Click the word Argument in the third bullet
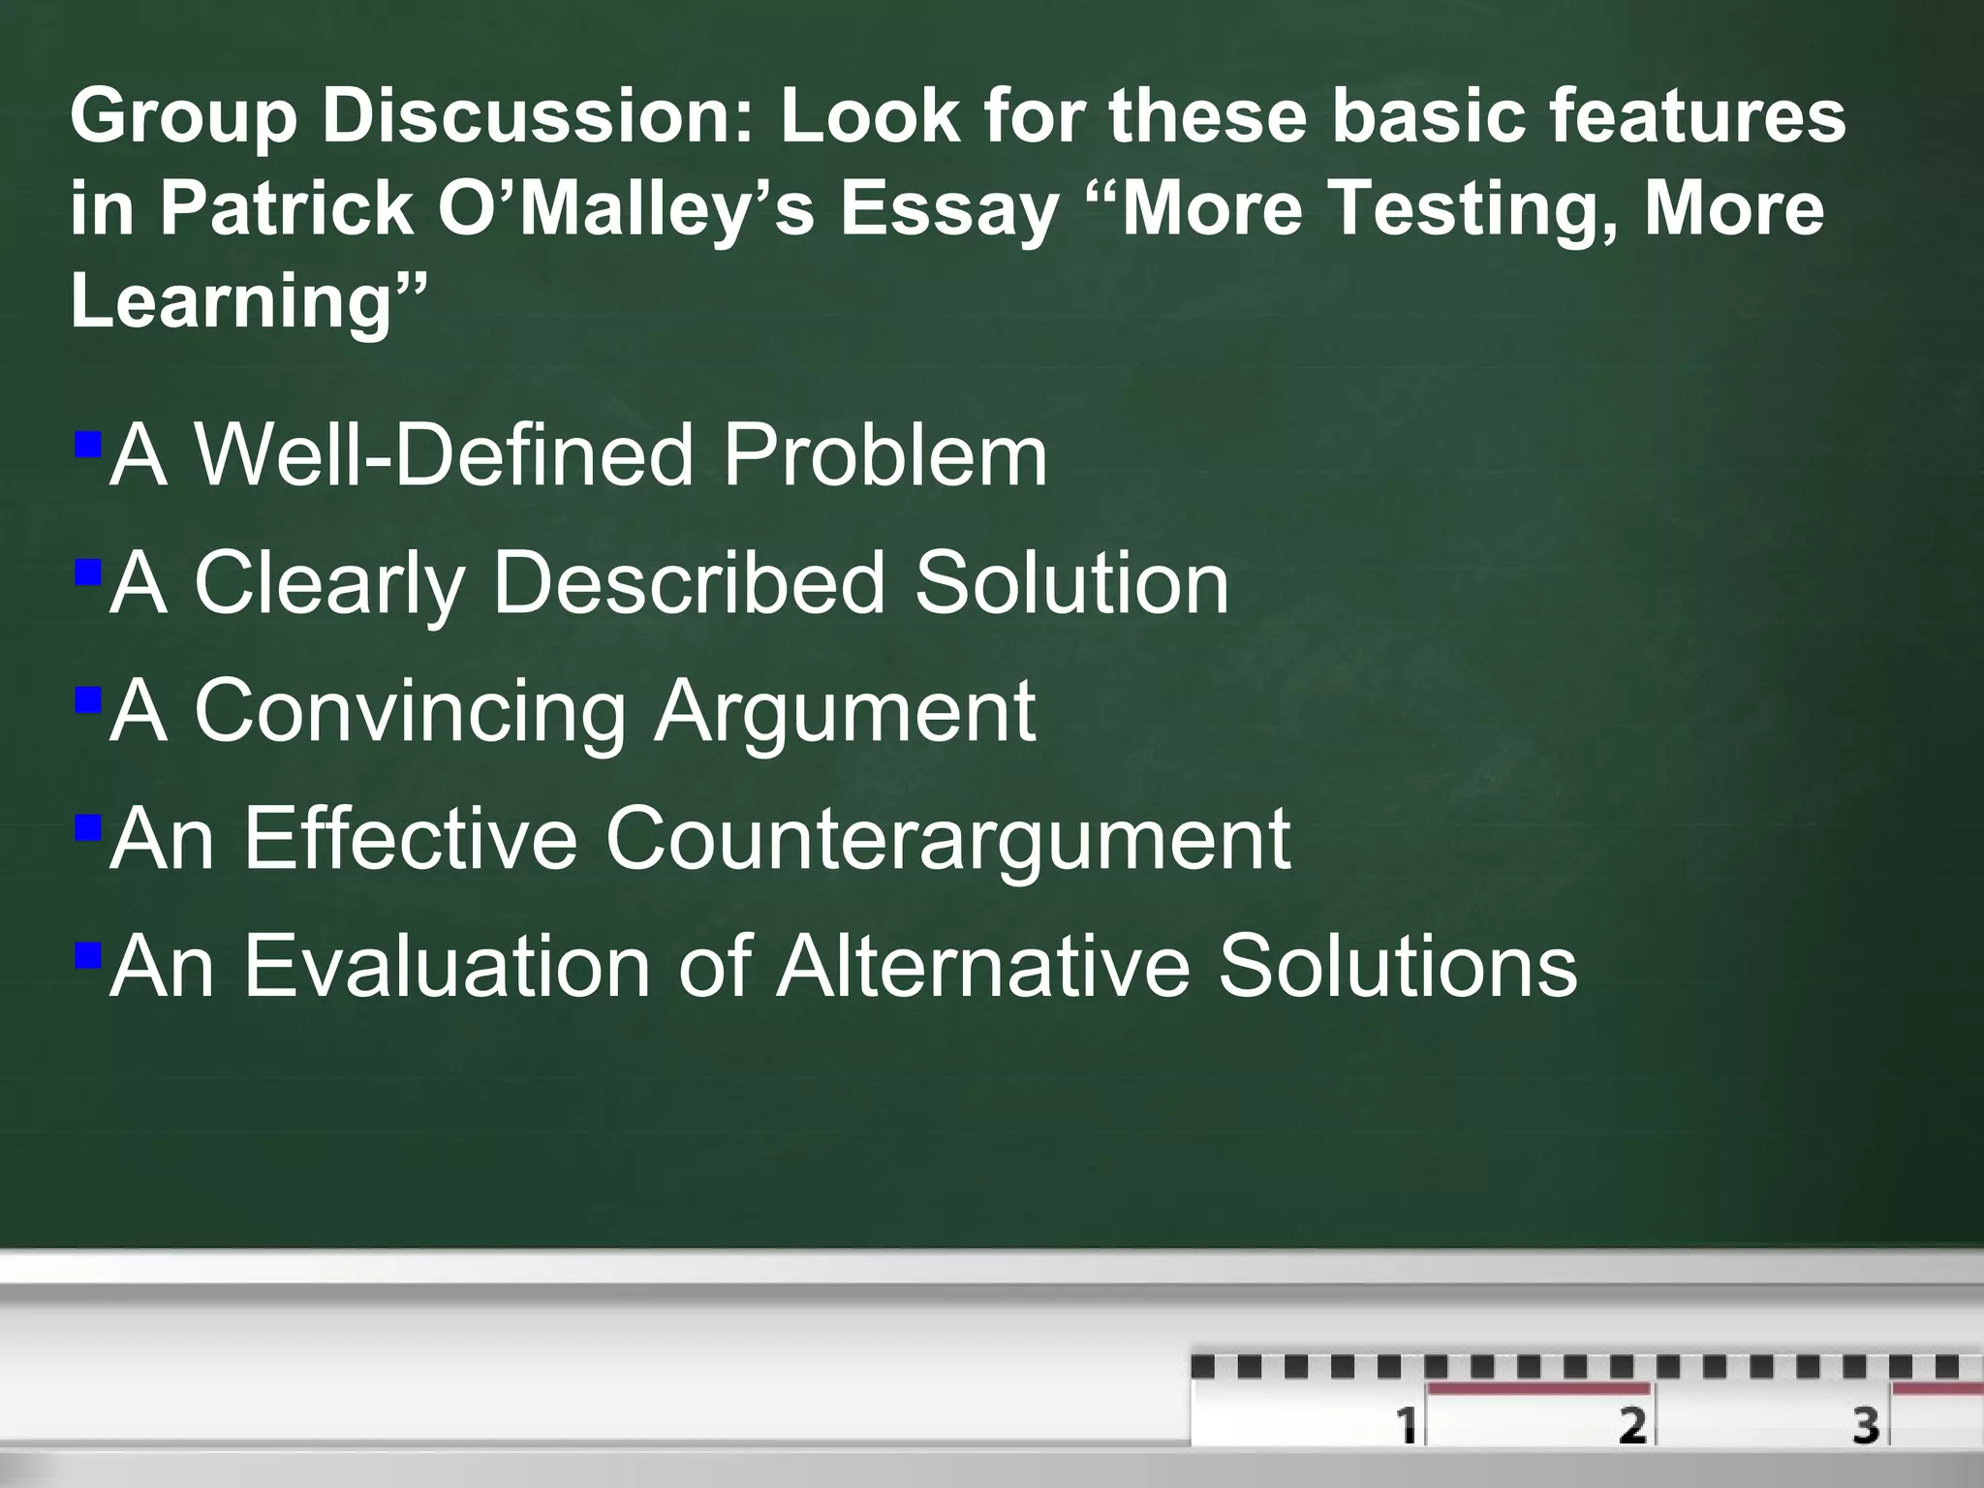pyautogui.click(x=844, y=713)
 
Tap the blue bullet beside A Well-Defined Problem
pyautogui.click(x=87, y=446)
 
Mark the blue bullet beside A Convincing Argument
pyautogui.click(x=87, y=700)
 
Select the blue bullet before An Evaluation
pyautogui.click(x=87, y=957)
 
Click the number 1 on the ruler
pyautogui.click(x=1405, y=1423)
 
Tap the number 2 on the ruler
pyautogui.click(x=1632, y=1423)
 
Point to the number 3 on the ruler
pyautogui.click(x=1866, y=1423)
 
